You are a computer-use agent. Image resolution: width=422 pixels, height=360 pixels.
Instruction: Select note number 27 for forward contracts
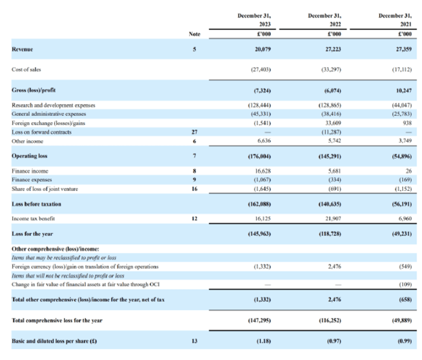coord(195,132)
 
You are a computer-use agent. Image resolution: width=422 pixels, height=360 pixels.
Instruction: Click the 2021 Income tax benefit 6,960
coord(405,218)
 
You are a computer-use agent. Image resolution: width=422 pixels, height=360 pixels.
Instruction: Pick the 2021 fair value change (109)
coord(406,285)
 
